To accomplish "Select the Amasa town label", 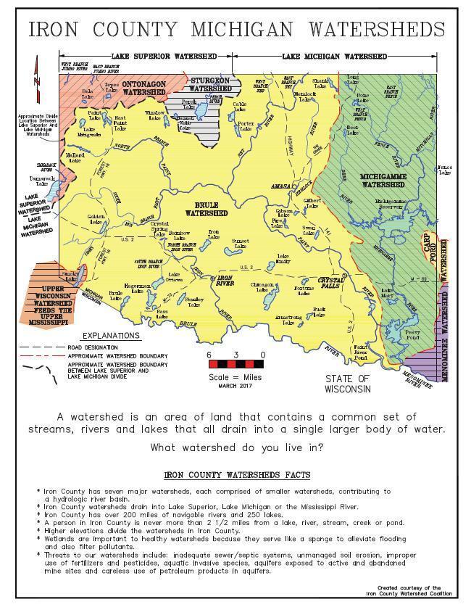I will coord(280,186).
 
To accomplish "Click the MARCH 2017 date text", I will coord(235,386).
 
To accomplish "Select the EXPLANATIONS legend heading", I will coord(111,336).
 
